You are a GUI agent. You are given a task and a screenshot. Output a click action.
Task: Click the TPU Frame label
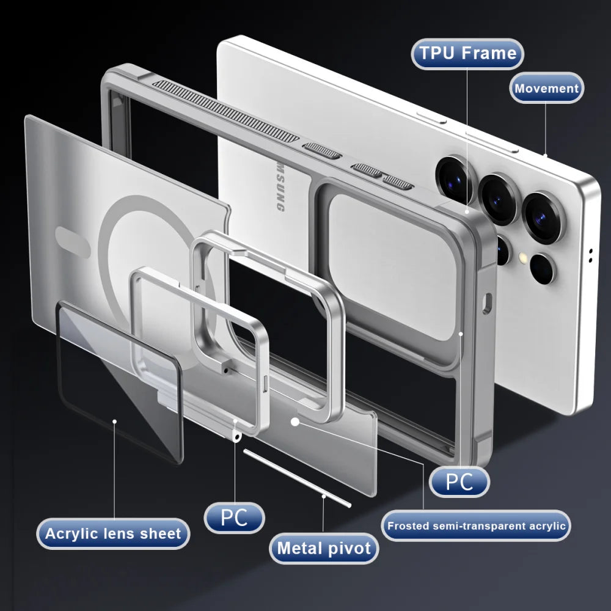click(x=468, y=53)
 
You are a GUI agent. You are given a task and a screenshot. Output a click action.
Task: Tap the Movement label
click(x=546, y=88)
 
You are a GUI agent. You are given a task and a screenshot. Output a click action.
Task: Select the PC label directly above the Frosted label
click(x=459, y=481)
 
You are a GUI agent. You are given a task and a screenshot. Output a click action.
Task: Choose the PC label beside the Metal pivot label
click(x=234, y=518)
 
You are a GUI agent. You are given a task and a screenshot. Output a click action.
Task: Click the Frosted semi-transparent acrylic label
click(x=477, y=525)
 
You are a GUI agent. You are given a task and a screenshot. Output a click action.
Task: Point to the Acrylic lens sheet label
click(x=113, y=533)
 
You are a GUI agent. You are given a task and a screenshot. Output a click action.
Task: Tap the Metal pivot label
click(x=324, y=548)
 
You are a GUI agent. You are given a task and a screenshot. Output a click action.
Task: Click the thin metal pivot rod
click(x=297, y=478)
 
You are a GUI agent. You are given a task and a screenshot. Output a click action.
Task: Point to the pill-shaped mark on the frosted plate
click(x=73, y=236)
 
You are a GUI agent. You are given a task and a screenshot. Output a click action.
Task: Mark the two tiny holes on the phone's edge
click(x=591, y=255)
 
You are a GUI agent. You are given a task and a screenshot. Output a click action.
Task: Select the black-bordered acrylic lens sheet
click(x=119, y=379)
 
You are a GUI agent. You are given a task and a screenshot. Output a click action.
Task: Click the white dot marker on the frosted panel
click(x=295, y=422)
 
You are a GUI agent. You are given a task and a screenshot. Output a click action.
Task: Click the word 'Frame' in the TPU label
click(x=490, y=53)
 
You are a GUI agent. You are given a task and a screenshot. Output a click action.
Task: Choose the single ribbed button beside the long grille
click(x=321, y=150)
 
